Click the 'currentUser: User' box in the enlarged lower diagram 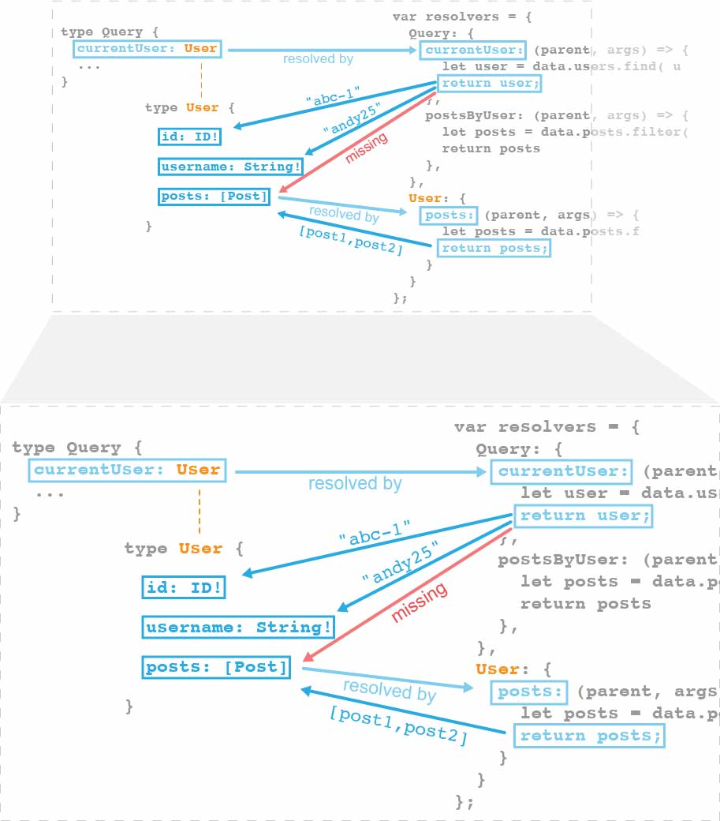[127, 470]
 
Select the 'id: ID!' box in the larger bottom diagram [184, 587]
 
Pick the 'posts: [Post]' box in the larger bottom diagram [216, 667]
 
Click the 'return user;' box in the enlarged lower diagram [584, 516]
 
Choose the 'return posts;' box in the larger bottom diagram [589, 737]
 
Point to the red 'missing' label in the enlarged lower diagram [420, 602]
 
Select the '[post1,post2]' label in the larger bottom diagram [399, 725]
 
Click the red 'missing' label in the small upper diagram [367, 148]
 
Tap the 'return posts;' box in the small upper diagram [494, 249]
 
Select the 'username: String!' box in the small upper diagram [230, 167]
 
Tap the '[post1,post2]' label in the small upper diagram [351, 240]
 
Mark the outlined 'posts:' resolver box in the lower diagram [529, 692]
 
